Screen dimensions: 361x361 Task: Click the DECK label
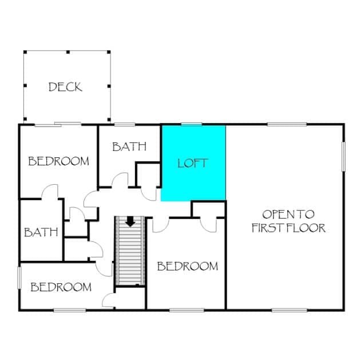pyautogui.click(x=65, y=87)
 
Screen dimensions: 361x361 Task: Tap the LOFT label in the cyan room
pyautogui.click(x=193, y=163)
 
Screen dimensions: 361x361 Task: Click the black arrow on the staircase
pyautogui.click(x=130, y=221)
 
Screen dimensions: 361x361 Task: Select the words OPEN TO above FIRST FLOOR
pyautogui.click(x=288, y=215)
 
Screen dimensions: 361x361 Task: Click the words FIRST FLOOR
pyautogui.click(x=288, y=228)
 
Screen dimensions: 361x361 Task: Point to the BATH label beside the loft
pyautogui.click(x=129, y=146)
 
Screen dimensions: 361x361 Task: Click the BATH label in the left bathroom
pyautogui.click(x=41, y=232)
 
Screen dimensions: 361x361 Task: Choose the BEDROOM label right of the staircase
pyautogui.click(x=188, y=266)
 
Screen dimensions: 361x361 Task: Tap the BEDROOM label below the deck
pyautogui.click(x=58, y=161)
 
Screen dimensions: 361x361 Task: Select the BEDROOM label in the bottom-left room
pyautogui.click(x=61, y=287)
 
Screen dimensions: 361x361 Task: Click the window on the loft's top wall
pyautogui.click(x=192, y=124)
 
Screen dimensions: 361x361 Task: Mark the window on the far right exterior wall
pyautogui.click(x=343, y=157)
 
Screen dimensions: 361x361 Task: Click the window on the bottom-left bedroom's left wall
pyautogui.click(x=19, y=277)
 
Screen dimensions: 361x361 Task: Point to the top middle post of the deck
pyautogui.click(x=68, y=52)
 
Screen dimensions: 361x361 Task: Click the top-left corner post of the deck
pyautogui.click(x=25, y=52)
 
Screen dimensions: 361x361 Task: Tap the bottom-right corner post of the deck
pyautogui.click(x=109, y=120)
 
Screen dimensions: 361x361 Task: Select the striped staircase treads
pyautogui.click(x=130, y=251)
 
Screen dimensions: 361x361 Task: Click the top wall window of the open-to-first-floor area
pyautogui.click(x=287, y=125)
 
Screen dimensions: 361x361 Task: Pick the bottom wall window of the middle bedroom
pyautogui.click(x=187, y=310)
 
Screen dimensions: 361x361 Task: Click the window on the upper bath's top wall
pyautogui.click(x=125, y=125)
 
